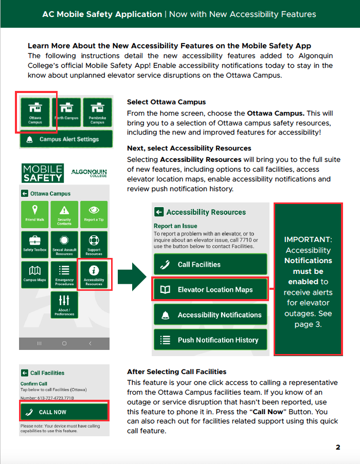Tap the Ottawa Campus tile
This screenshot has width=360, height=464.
(x=35, y=112)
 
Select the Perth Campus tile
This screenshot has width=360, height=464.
(x=66, y=112)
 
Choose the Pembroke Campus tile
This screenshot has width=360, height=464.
(x=97, y=112)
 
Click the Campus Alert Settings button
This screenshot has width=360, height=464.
(x=66, y=139)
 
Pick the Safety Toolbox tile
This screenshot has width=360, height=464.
(x=34, y=245)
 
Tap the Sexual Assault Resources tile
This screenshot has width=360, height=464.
(x=64, y=245)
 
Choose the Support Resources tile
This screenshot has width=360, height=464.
(x=94, y=245)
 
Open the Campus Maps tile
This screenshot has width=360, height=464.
(x=34, y=274)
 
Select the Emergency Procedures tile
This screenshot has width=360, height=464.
(x=64, y=274)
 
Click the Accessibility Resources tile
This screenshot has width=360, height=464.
(x=94, y=274)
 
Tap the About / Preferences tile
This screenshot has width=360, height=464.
(x=64, y=305)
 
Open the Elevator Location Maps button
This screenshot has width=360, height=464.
(x=210, y=290)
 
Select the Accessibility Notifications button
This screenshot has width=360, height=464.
(x=210, y=315)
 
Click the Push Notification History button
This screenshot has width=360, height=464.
(x=210, y=340)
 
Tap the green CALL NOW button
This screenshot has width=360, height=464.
(x=64, y=412)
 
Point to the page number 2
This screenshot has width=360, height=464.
(x=338, y=447)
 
